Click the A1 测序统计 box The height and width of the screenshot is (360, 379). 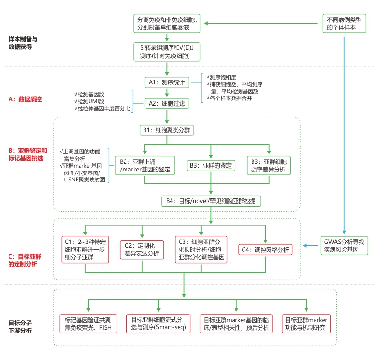click(167, 82)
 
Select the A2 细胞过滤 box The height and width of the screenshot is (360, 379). click(167, 102)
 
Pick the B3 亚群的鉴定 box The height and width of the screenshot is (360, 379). click(211, 166)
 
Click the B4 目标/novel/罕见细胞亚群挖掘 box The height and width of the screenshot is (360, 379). click(211, 201)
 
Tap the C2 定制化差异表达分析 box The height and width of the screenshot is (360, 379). click(142, 249)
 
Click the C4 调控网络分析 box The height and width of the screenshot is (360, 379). click(265, 249)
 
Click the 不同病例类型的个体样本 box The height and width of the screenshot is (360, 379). click(345, 24)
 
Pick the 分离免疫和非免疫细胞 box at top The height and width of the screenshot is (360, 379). click(167, 24)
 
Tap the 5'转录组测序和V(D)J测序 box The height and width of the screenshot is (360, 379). click(167, 51)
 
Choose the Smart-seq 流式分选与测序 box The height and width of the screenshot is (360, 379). click(158, 324)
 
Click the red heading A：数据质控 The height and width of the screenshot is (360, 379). click(25, 99)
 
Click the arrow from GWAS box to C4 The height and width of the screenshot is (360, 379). click(311, 246)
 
